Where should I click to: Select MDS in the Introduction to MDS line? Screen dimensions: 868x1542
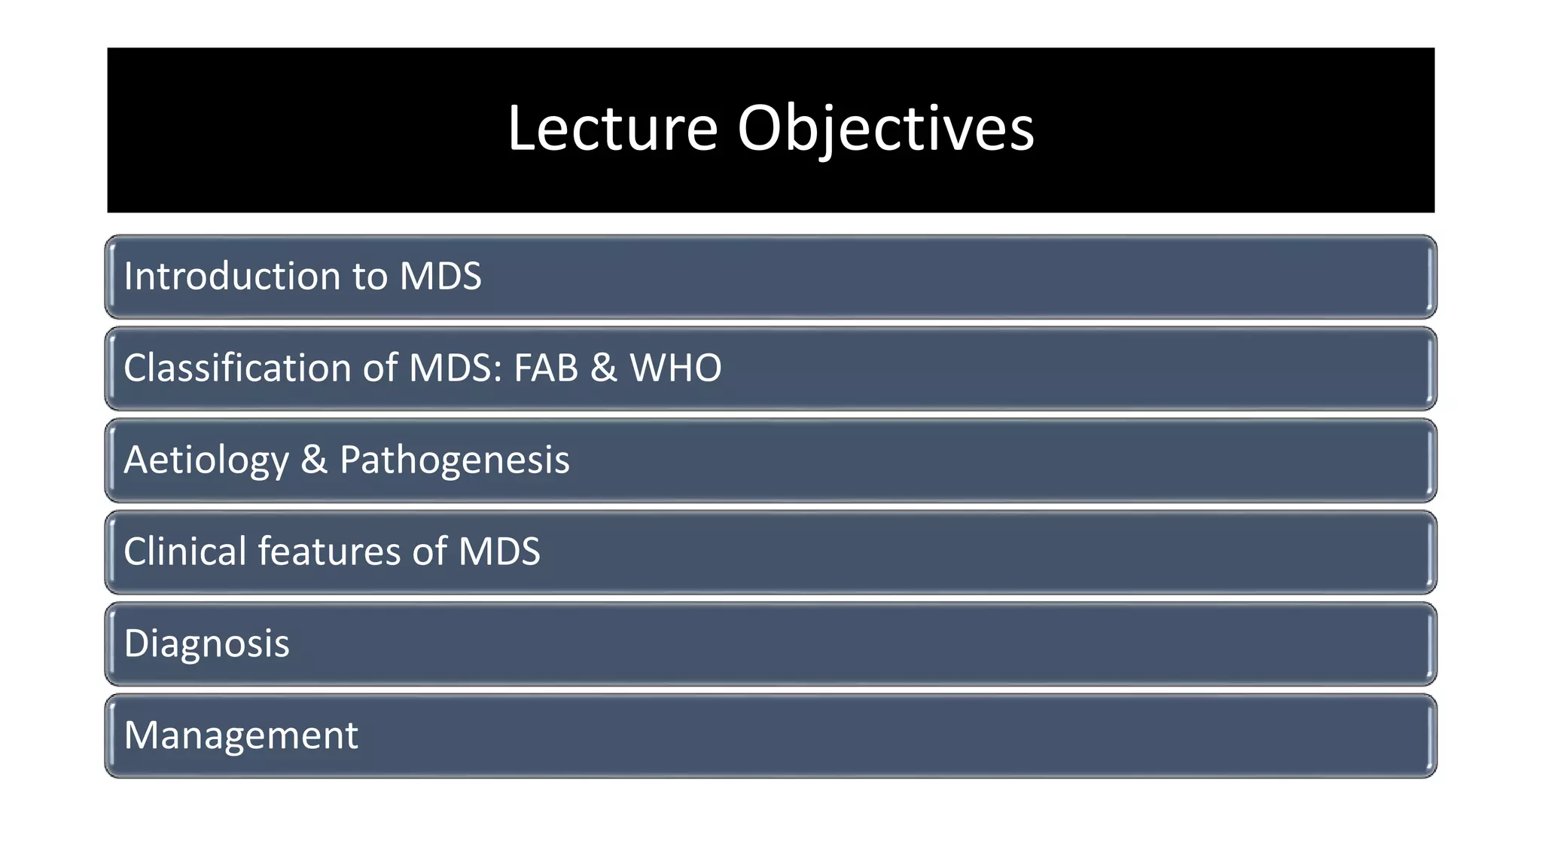tap(440, 277)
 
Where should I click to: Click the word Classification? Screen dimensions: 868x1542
tap(237, 368)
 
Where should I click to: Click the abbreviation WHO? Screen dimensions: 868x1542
tap(675, 368)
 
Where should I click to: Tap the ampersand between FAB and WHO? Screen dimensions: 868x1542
tap(603, 368)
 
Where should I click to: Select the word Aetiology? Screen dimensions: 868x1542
tap(206, 460)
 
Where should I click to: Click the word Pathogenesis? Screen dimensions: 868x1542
tap(454, 460)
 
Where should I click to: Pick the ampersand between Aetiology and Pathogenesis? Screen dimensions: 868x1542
tap(314, 460)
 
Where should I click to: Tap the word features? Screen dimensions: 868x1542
tap(329, 552)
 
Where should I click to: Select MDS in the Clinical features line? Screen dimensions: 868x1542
tap(499, 552)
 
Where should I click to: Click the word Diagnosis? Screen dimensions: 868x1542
tap(206, 644)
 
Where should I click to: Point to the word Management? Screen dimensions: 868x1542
tap(241, 736)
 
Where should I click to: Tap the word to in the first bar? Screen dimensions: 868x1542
tap(369, 277)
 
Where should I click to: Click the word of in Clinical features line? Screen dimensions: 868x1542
tap(429, 552)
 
